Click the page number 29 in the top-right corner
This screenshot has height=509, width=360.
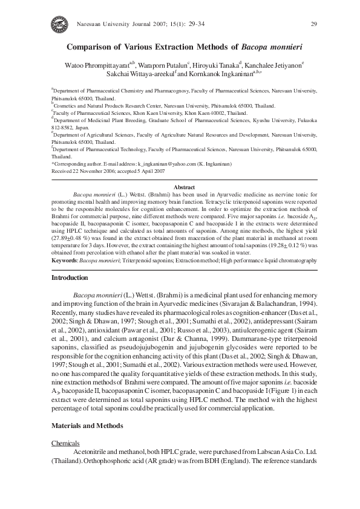point(313,24)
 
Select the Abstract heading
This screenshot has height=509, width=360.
point(184,188)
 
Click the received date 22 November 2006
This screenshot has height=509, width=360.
point(91,170)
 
